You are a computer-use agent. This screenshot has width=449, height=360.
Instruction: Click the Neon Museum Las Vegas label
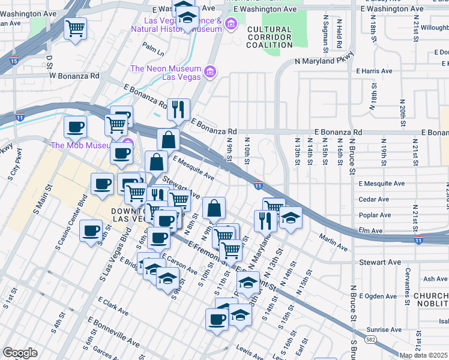coord(166,73)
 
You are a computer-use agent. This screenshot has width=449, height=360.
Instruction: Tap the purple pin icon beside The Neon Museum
coord(210,73)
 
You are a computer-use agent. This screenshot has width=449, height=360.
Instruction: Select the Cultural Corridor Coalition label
coord(269,37)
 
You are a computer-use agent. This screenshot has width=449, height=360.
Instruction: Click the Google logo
coord(20,353)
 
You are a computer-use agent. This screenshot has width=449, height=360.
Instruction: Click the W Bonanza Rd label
coord(74,76)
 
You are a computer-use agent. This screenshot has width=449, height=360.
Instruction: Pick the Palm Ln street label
coord(153,46)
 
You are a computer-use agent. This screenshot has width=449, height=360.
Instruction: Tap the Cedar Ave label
coord(370,199)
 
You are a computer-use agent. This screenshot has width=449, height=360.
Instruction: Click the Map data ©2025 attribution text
coord(423,355)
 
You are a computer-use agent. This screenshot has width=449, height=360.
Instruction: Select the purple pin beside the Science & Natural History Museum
coord(232,24)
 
